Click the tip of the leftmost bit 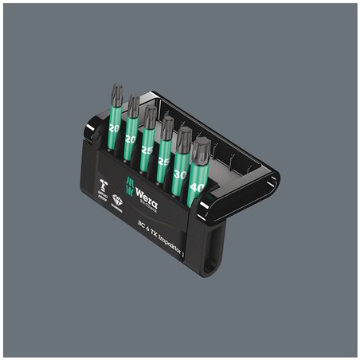[117, 93]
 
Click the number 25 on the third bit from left [146, 150]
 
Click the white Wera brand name [146, 199]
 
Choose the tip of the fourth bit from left [166, 126]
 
